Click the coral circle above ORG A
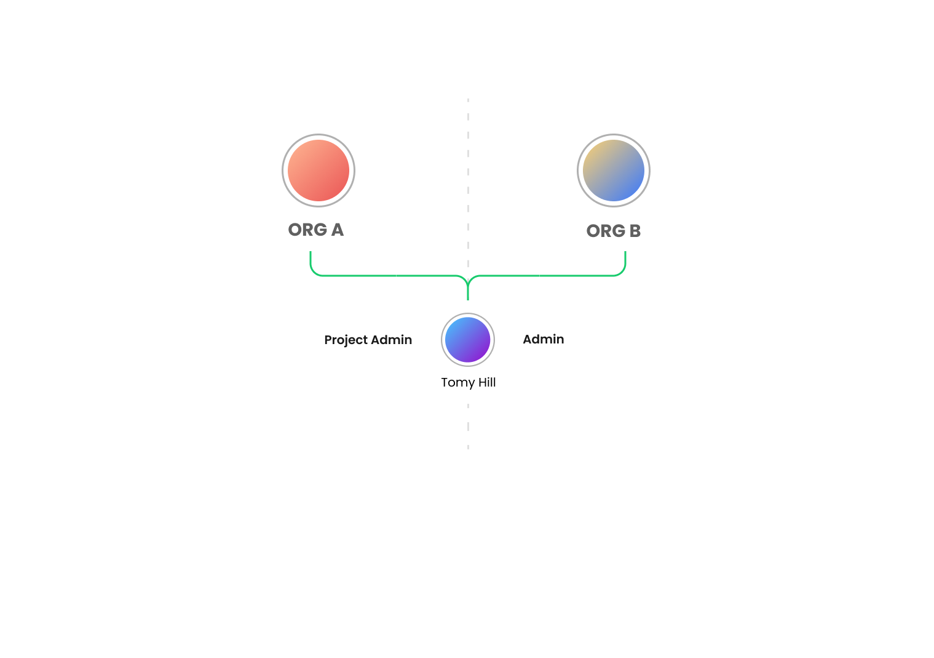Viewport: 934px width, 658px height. point(319,171)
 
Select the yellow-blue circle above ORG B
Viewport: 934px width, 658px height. point(614,171)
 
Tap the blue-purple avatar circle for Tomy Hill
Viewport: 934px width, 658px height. point(468,340)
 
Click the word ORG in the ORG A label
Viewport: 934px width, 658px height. point(307,230)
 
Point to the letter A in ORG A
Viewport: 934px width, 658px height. point(337,230)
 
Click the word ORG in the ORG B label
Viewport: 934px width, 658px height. point(606,231)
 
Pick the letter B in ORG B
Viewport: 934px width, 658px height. point(635,231)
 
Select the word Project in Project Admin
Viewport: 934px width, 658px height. point(346,340)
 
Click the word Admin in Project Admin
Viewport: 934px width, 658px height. point(392,340)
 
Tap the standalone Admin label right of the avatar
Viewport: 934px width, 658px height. point(544,339)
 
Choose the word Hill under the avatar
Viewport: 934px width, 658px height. point(487,382)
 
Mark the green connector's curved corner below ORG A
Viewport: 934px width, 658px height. point(314,271)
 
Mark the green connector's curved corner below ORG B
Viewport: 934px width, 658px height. point(622,271)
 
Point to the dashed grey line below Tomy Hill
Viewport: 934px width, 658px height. point(468,426)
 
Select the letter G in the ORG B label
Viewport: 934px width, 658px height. point(618,231)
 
